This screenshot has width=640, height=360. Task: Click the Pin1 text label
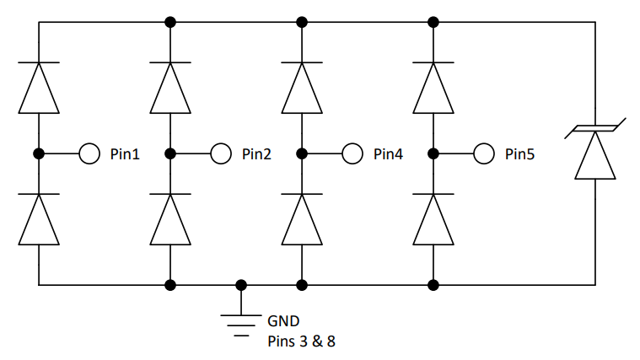tap(124, 154)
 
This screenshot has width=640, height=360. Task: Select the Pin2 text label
tap(255, 154)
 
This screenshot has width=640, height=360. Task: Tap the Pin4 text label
tap(387, 154)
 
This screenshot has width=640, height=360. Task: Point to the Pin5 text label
tap(519, 154)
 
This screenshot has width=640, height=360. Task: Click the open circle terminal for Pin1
tap(89, 153)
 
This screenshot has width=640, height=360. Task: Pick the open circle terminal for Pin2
tap(220, 153)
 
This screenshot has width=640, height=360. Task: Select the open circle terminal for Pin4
tap(352, 153)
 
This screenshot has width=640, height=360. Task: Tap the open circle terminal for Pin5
tap(483, 153)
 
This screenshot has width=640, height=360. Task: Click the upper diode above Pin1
tap(39, 87)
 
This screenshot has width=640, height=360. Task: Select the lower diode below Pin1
tap(39, 219)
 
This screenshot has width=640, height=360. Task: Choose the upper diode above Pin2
tap(170, 87)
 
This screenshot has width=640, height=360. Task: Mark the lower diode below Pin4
tap(302, 219)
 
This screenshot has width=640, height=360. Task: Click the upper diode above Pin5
tap(433, 87)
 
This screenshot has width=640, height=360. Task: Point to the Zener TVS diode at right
tap(595, 152)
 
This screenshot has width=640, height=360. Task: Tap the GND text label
tap(282, 321)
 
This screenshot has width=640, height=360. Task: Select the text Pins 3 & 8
tap(301, 341)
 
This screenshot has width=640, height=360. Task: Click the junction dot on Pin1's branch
tap(39, 153)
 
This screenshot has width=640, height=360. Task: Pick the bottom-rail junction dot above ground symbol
tap(241, 285)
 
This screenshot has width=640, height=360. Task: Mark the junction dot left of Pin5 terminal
tap(433, 153)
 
